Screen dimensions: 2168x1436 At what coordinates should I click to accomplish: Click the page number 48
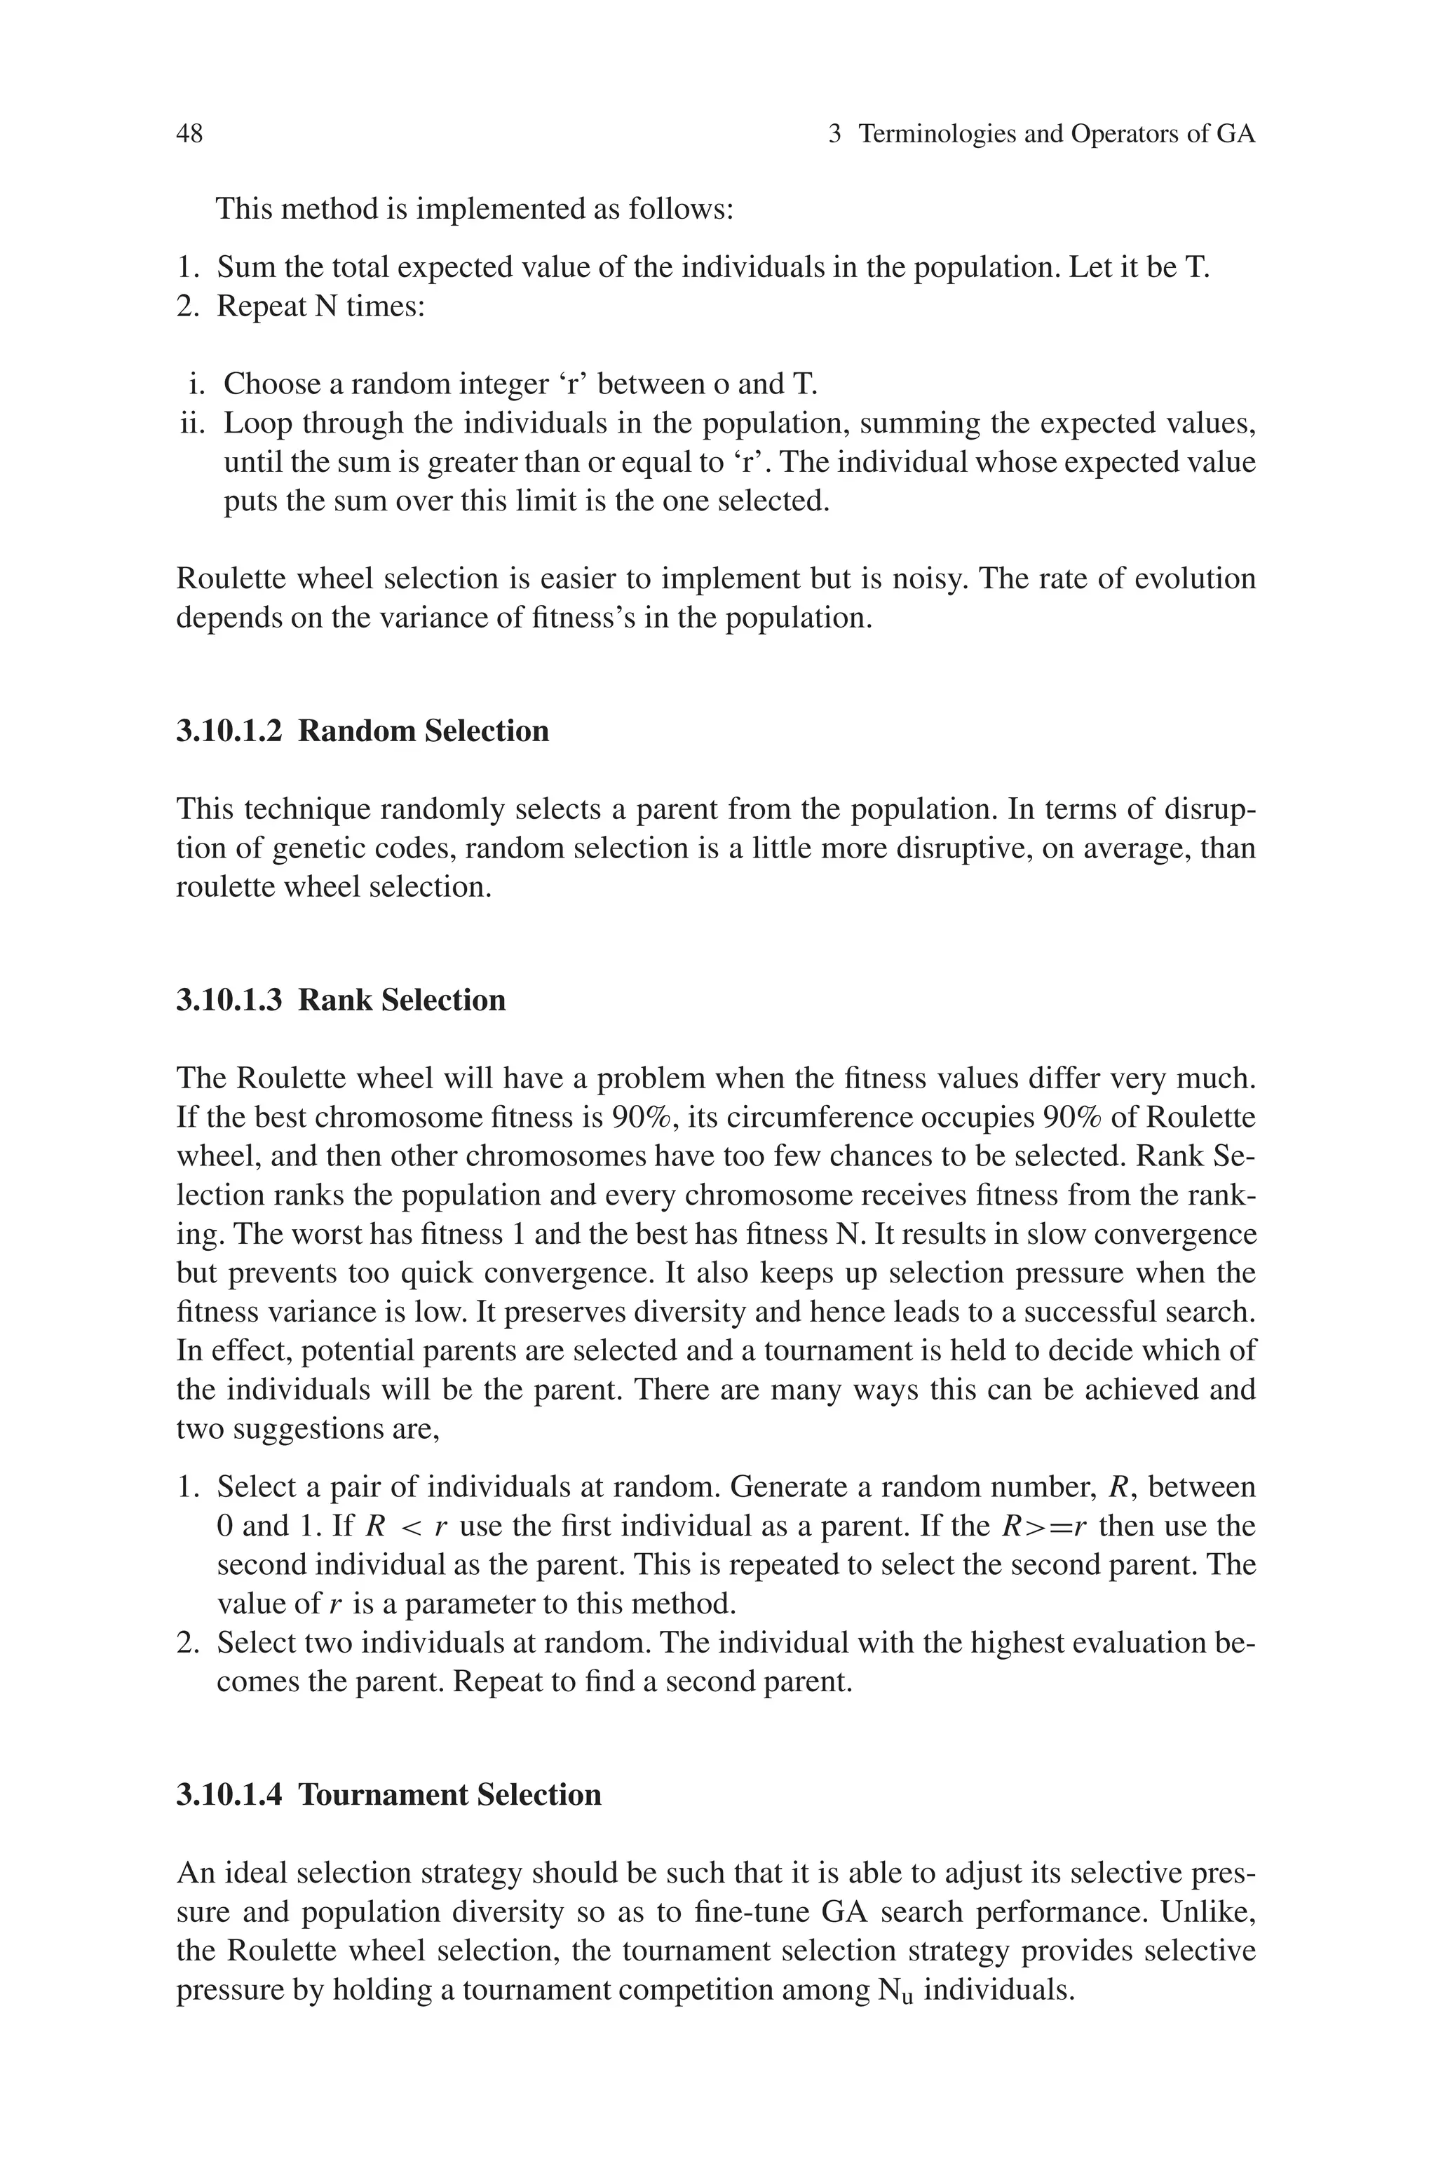(x=189, y=135)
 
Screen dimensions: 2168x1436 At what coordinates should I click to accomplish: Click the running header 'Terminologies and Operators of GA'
(x=1057, y=135)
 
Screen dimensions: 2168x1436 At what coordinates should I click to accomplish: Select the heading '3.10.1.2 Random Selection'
(x=363, y=731)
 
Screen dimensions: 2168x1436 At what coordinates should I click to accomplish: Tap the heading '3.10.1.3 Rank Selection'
(x=341, y=1000)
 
